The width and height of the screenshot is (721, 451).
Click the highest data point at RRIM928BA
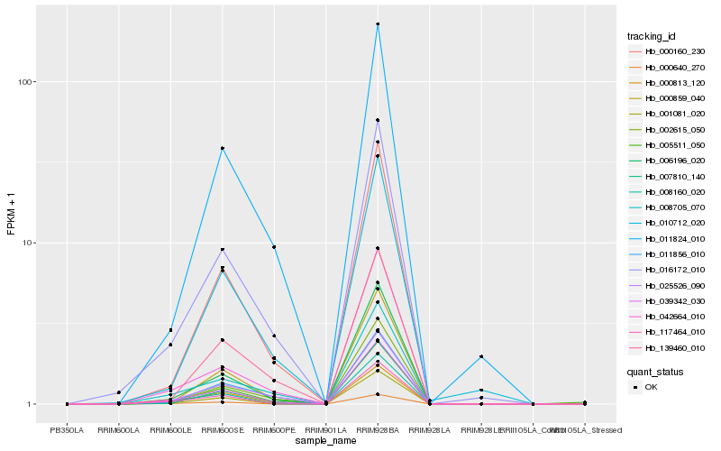point(378,24)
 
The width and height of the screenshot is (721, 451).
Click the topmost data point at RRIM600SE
point(222,148)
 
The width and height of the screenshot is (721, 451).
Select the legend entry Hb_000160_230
point(668,51)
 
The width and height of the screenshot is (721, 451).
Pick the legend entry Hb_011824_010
point(668,239)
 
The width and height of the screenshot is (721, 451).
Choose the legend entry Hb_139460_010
point(668,348)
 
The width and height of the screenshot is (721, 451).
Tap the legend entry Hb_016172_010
point(668,270)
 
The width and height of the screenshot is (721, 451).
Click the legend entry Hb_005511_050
point(668,145)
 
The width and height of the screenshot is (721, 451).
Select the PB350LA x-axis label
point(67,431)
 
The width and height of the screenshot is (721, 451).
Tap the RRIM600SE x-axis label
point(222,431)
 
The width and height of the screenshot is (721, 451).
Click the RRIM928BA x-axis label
point(378,431)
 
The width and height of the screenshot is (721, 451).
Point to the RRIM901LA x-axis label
point(325,431)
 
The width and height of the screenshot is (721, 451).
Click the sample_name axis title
point(325,441)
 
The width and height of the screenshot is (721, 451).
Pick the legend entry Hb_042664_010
point(668,317)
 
